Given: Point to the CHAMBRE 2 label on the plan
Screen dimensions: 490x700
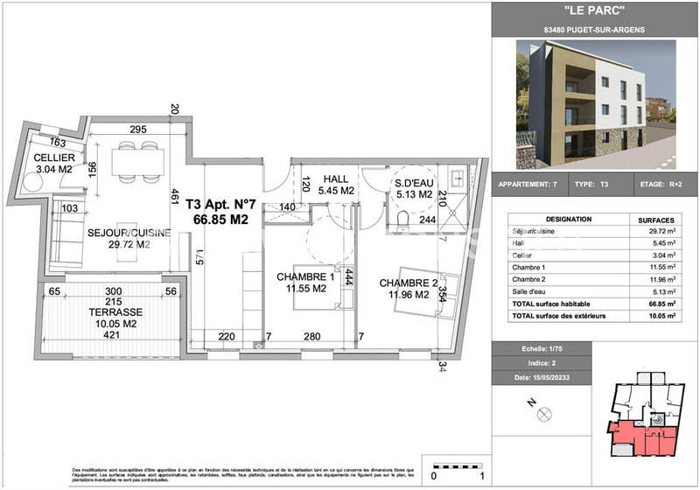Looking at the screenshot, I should pyautogui.click(x=408, y=283).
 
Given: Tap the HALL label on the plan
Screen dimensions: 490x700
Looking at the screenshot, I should pyautogui.click(x=336, y=176).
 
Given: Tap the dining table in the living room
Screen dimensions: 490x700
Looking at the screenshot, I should pyautogui.click(x=129, y=161).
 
